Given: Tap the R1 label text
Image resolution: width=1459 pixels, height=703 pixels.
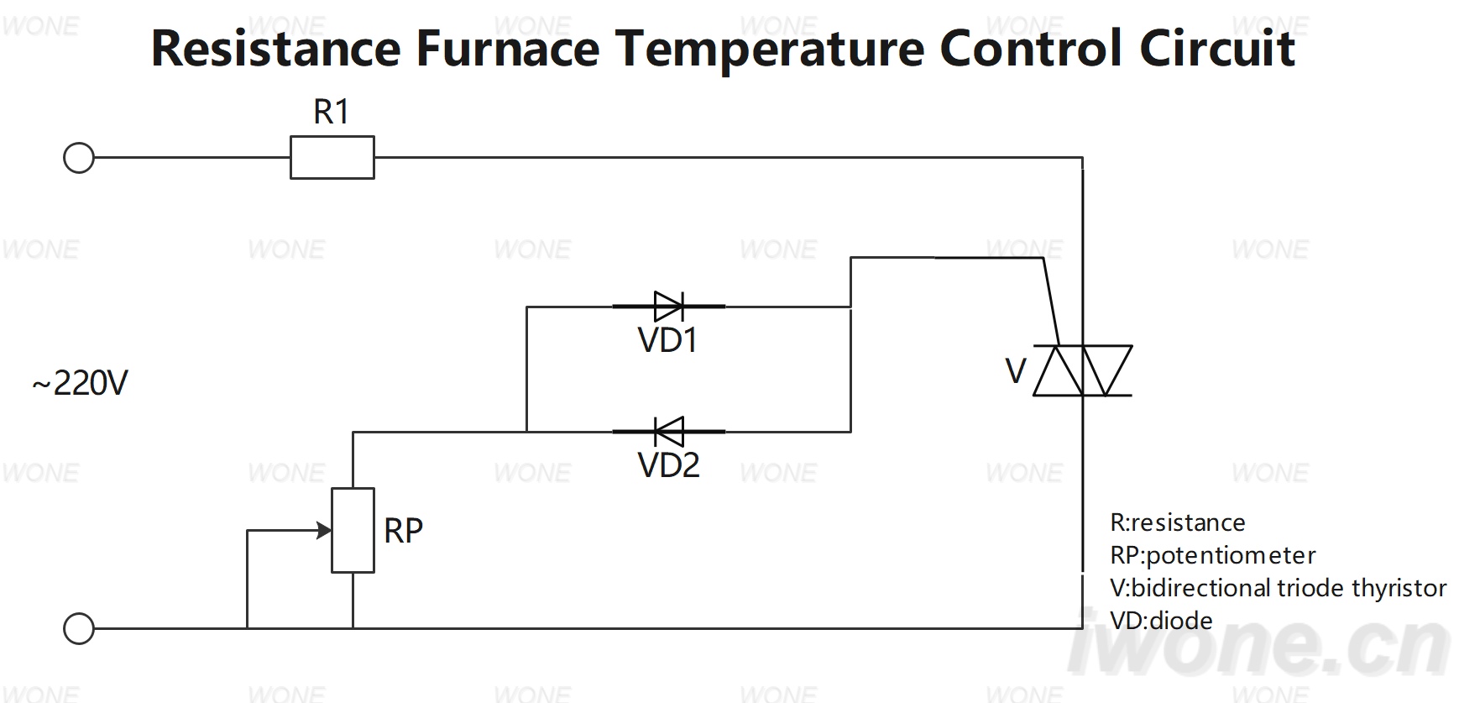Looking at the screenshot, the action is point(331,112).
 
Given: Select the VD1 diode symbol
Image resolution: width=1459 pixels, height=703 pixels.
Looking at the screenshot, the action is point(669,307).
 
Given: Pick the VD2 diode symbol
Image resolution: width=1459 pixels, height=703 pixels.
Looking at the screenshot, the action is point(669,432).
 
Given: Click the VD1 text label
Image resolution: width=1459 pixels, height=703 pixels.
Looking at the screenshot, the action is point(668,340).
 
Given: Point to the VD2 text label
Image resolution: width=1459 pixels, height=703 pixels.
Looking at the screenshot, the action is point(669,464).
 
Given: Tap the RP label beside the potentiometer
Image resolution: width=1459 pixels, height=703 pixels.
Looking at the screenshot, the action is point(403,531).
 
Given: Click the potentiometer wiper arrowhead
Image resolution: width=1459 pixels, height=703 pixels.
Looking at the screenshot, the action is point(323,531).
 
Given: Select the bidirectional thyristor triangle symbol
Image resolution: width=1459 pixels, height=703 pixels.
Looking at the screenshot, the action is point(1083,370).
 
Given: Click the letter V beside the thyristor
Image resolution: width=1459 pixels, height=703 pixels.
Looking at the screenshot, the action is point(1016,371).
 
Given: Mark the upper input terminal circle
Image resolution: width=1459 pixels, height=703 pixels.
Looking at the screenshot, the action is point(79,158).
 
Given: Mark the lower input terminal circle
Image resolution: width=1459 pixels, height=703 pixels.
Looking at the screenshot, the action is point(79,628).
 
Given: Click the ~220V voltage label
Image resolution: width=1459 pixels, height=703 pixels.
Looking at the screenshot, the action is point(80,384).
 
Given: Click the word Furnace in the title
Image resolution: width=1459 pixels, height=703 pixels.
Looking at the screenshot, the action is point(508,48).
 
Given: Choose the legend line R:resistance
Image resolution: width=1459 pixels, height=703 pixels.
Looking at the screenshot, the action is point(1177,522).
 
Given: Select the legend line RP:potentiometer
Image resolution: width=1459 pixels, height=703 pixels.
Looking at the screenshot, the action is point(1212,555).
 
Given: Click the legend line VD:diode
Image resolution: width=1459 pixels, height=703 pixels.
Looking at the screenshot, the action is point(1161,621).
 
